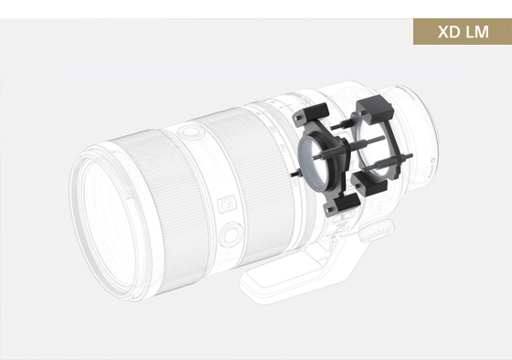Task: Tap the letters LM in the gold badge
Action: coord(477,32)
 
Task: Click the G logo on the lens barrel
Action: coord(227,204)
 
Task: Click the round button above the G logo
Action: coord(190,132)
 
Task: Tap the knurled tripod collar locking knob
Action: coord(377,230)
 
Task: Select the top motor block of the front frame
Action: coord(312,113)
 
